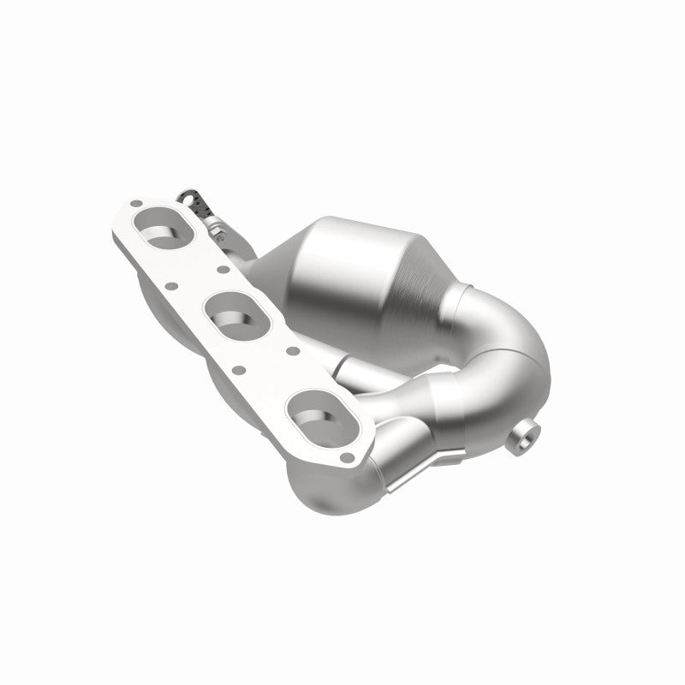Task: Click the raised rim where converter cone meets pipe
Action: (x=463, y=299)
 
